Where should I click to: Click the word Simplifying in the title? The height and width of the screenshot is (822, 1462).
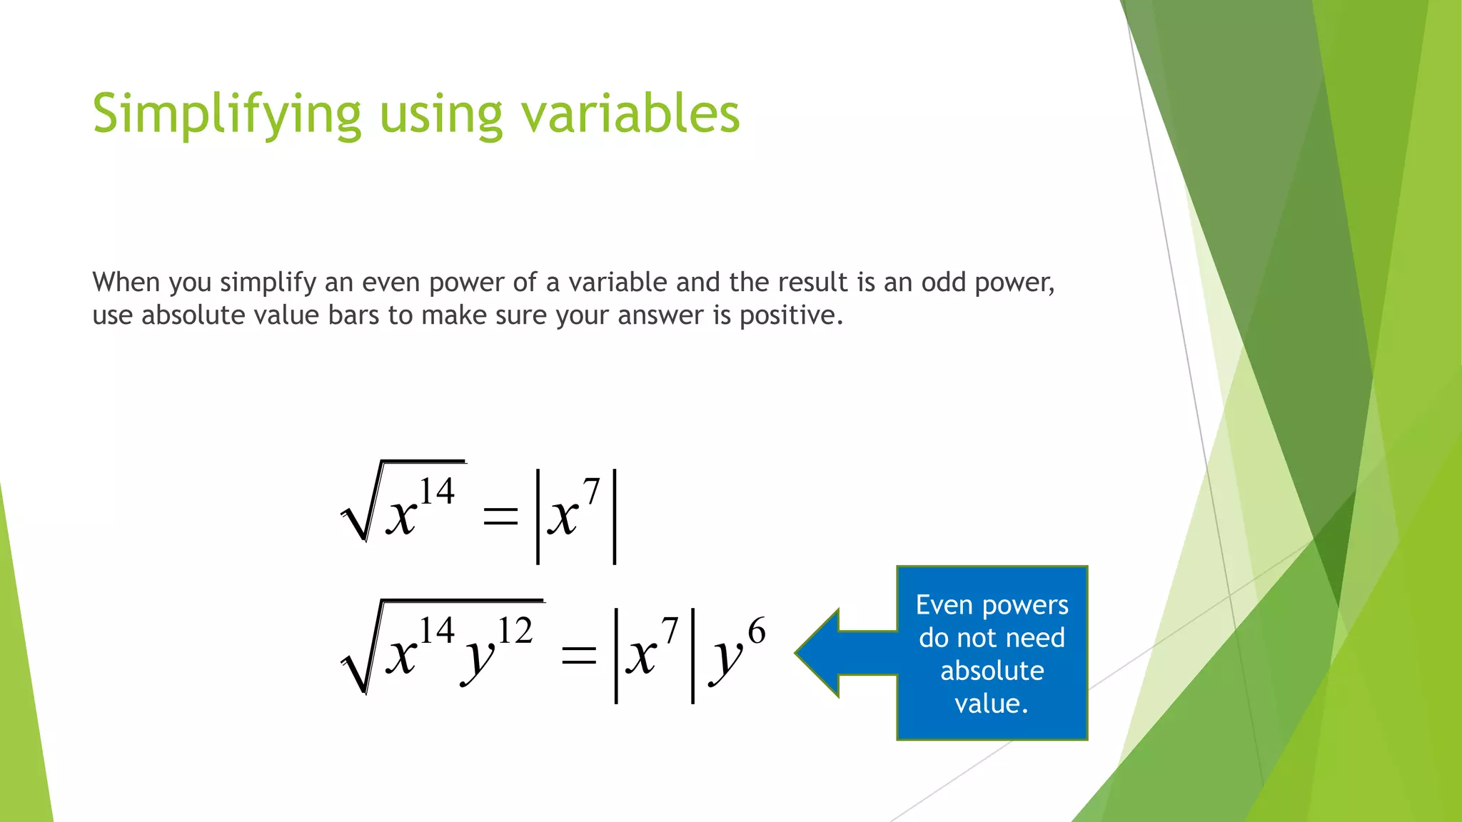pos(227,114)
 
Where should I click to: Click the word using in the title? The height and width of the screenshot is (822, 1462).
pos(441,114)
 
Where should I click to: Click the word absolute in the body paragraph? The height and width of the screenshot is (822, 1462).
pos(188,315)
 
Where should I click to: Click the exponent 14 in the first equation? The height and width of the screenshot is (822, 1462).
pos(436,492)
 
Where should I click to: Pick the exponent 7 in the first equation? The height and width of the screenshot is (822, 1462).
pos(591,492)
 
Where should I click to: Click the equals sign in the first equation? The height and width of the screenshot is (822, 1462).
pos(500,515)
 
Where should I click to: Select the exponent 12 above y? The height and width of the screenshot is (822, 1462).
pos(515,631)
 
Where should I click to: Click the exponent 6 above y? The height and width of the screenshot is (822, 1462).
pos(757,631)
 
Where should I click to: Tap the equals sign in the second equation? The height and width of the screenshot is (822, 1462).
pos(578,655)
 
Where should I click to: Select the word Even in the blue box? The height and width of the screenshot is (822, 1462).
pos(944,605)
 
